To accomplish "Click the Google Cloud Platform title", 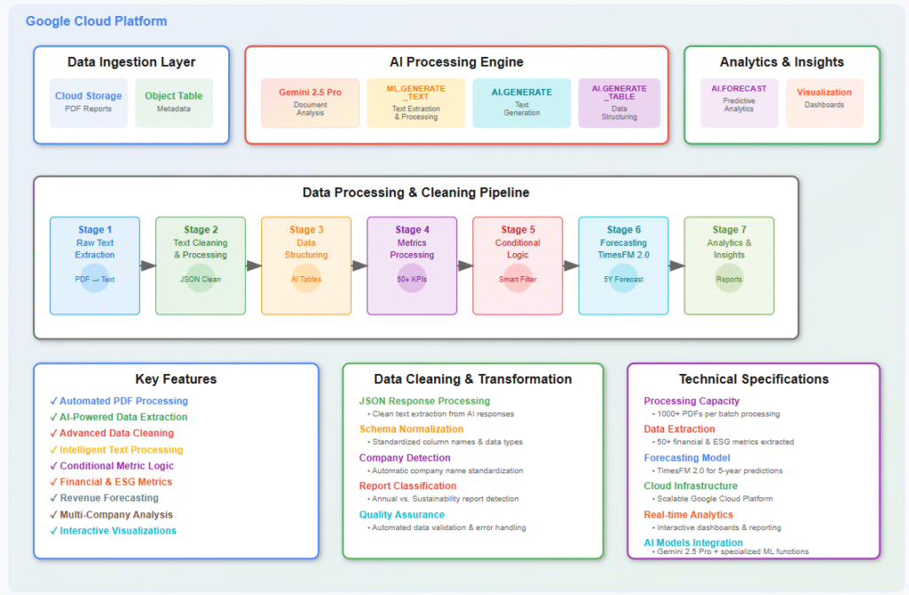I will (96, 21).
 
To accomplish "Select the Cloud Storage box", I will (88, 102).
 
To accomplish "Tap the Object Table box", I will (174, 102).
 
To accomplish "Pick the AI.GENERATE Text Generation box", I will (521, 102).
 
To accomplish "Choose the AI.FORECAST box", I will (739, 102).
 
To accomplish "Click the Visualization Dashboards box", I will (824, 102).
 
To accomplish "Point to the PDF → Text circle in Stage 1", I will (95, 279).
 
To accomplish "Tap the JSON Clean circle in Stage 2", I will (201, 279).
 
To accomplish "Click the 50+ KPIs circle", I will (412, 279).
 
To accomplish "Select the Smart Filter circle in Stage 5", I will (518, 279).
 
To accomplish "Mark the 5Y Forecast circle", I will (623, 279).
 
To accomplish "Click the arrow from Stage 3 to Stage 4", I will (359, 266).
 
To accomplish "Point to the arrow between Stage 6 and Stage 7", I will (676, 266).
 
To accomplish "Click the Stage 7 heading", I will (729, 230).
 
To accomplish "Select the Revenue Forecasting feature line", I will (108, 498).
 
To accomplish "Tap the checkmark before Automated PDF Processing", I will (53, 401).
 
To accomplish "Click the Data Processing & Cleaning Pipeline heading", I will (415, 192).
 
